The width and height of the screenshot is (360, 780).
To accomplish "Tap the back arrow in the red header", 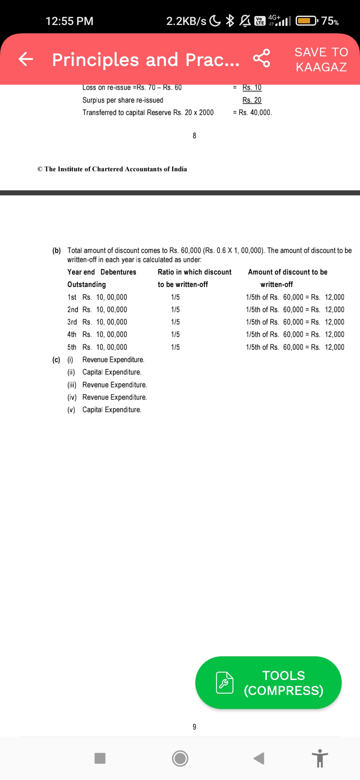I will (x=26, y=59).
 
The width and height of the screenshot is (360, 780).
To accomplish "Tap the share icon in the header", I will (x=262, y=58).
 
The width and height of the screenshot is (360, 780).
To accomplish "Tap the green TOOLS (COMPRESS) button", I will (x=268, y=683).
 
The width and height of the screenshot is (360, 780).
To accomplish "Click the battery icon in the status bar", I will (x=307, y=21).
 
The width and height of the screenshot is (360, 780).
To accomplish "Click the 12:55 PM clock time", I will (x=69, y=21).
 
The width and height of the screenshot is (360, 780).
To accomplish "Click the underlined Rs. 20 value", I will (x=252, y=100).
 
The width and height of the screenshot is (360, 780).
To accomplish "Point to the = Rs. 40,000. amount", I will (x=252, y=113).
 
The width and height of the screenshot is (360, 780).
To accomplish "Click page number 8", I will (x=194, y=136).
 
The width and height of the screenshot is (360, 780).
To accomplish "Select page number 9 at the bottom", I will (x=194, y=727).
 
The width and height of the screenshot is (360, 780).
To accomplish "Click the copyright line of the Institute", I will (x=112, y=169).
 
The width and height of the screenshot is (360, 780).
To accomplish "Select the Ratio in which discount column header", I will (x=194, y=272).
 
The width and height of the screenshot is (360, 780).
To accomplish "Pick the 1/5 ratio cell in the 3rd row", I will (x=175, y=322).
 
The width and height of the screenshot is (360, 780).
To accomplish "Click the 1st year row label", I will (x=72, y=297).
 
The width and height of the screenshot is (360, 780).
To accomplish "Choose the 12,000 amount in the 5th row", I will (x=334, y=347).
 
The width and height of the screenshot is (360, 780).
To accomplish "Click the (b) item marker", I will (x=56, y=250).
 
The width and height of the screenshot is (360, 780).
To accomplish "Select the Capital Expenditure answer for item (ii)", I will (x=112, y=372).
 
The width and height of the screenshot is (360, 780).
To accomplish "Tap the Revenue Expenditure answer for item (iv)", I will (x=114, y=397).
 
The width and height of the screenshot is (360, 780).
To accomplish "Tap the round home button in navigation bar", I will (x=180, y=758).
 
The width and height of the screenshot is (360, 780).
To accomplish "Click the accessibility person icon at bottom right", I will (x=320, y=758).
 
